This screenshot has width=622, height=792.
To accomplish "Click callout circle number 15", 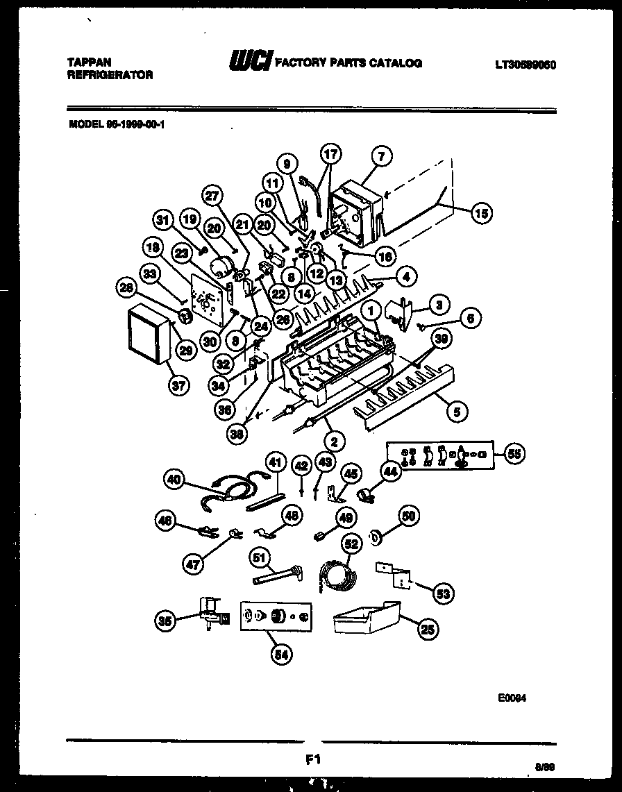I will click(480, 213).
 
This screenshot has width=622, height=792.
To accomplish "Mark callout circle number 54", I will click(283, 653).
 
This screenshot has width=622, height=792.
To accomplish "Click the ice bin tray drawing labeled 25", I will click(366, 618).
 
